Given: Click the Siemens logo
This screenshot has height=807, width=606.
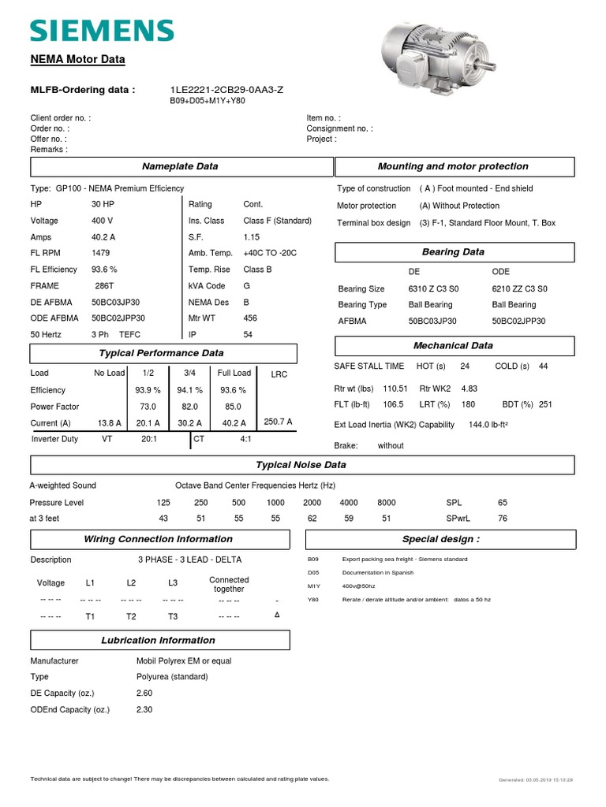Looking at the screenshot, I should click(102, 31).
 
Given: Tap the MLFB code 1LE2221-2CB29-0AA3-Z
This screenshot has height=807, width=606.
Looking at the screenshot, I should click(226, 90).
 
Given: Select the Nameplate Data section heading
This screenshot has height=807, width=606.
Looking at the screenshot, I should click(180, 166).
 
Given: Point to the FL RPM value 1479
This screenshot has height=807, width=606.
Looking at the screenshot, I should click(101, 253).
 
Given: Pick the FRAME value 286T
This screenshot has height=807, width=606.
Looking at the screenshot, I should click(105, 286).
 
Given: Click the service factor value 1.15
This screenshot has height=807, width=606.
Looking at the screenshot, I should click(252, 237).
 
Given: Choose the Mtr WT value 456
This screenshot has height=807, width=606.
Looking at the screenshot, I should click(250, 318).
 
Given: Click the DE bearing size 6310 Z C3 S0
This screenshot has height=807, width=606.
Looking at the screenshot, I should click(432, 289).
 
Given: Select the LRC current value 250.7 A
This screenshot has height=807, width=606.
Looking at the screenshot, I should click(279, 422).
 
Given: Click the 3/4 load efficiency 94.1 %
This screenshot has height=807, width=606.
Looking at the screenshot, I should click(189, 390).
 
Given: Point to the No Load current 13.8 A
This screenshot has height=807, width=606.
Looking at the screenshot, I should click(109, 423).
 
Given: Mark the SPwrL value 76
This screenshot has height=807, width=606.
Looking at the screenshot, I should click(503, 519).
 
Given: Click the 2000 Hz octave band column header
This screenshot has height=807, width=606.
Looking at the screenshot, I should click(312, 503).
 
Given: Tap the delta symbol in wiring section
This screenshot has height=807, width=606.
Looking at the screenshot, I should click(277, 614).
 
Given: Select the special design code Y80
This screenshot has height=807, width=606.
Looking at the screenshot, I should click(312, 600).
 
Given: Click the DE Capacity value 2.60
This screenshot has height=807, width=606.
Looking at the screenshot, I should click(144, 694).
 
